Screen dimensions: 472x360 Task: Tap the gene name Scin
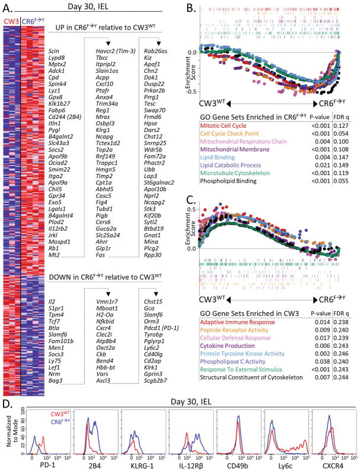tap(54, 52)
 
